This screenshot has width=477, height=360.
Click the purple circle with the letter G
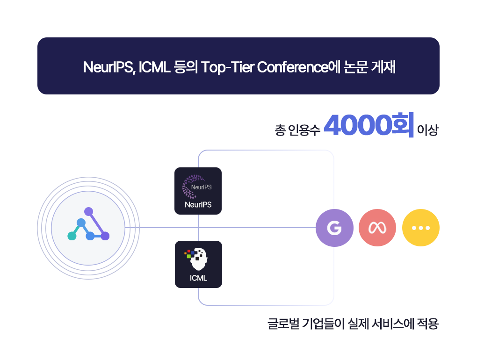(x=334, y=228)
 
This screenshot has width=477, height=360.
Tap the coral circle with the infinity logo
(x=377, y=228)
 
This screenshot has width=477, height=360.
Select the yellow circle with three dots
(x=421, y=228)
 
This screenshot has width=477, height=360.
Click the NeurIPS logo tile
(x=198, y=191)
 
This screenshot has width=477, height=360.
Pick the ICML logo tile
(x=198, y=264)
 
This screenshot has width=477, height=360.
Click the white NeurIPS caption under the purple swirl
(x=198, y=205)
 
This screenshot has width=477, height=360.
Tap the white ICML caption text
(x=198, y=278)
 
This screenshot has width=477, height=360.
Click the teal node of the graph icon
(x=72, y=236)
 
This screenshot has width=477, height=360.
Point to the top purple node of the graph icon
(x=88, y=211)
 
